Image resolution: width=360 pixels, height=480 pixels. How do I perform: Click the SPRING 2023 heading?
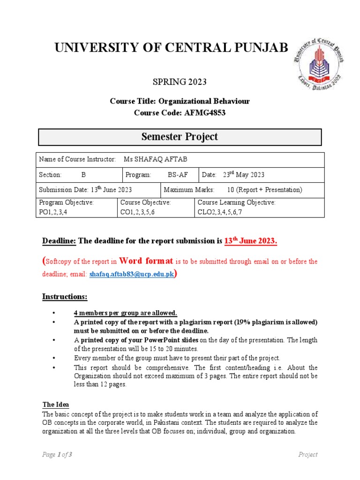(x=180, y=82)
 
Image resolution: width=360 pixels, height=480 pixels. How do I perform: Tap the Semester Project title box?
(x=180, y=137)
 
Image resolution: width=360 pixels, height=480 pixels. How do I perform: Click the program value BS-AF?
(x=178, y=175)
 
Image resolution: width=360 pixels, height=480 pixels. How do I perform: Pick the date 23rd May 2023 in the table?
(x=240, y=175)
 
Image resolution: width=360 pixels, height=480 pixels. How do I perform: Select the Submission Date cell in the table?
(x=85, y=190)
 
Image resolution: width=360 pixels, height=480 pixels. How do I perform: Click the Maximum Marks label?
(x=189, y=190)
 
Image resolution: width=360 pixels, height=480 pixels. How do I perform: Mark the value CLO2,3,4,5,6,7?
(x=220, y=212)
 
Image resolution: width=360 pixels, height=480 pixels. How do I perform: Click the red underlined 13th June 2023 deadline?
(x=251, y=241)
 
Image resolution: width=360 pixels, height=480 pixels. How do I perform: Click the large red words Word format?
(x=146, y=261)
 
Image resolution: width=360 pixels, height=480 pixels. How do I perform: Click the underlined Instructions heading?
(x=65, y=297)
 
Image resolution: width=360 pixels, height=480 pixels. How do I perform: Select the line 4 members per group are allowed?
(x=125, y=313)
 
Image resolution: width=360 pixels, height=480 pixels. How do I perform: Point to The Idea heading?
(x=56, y=405)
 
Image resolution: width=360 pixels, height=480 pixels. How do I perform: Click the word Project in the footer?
(x=308, y=455)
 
